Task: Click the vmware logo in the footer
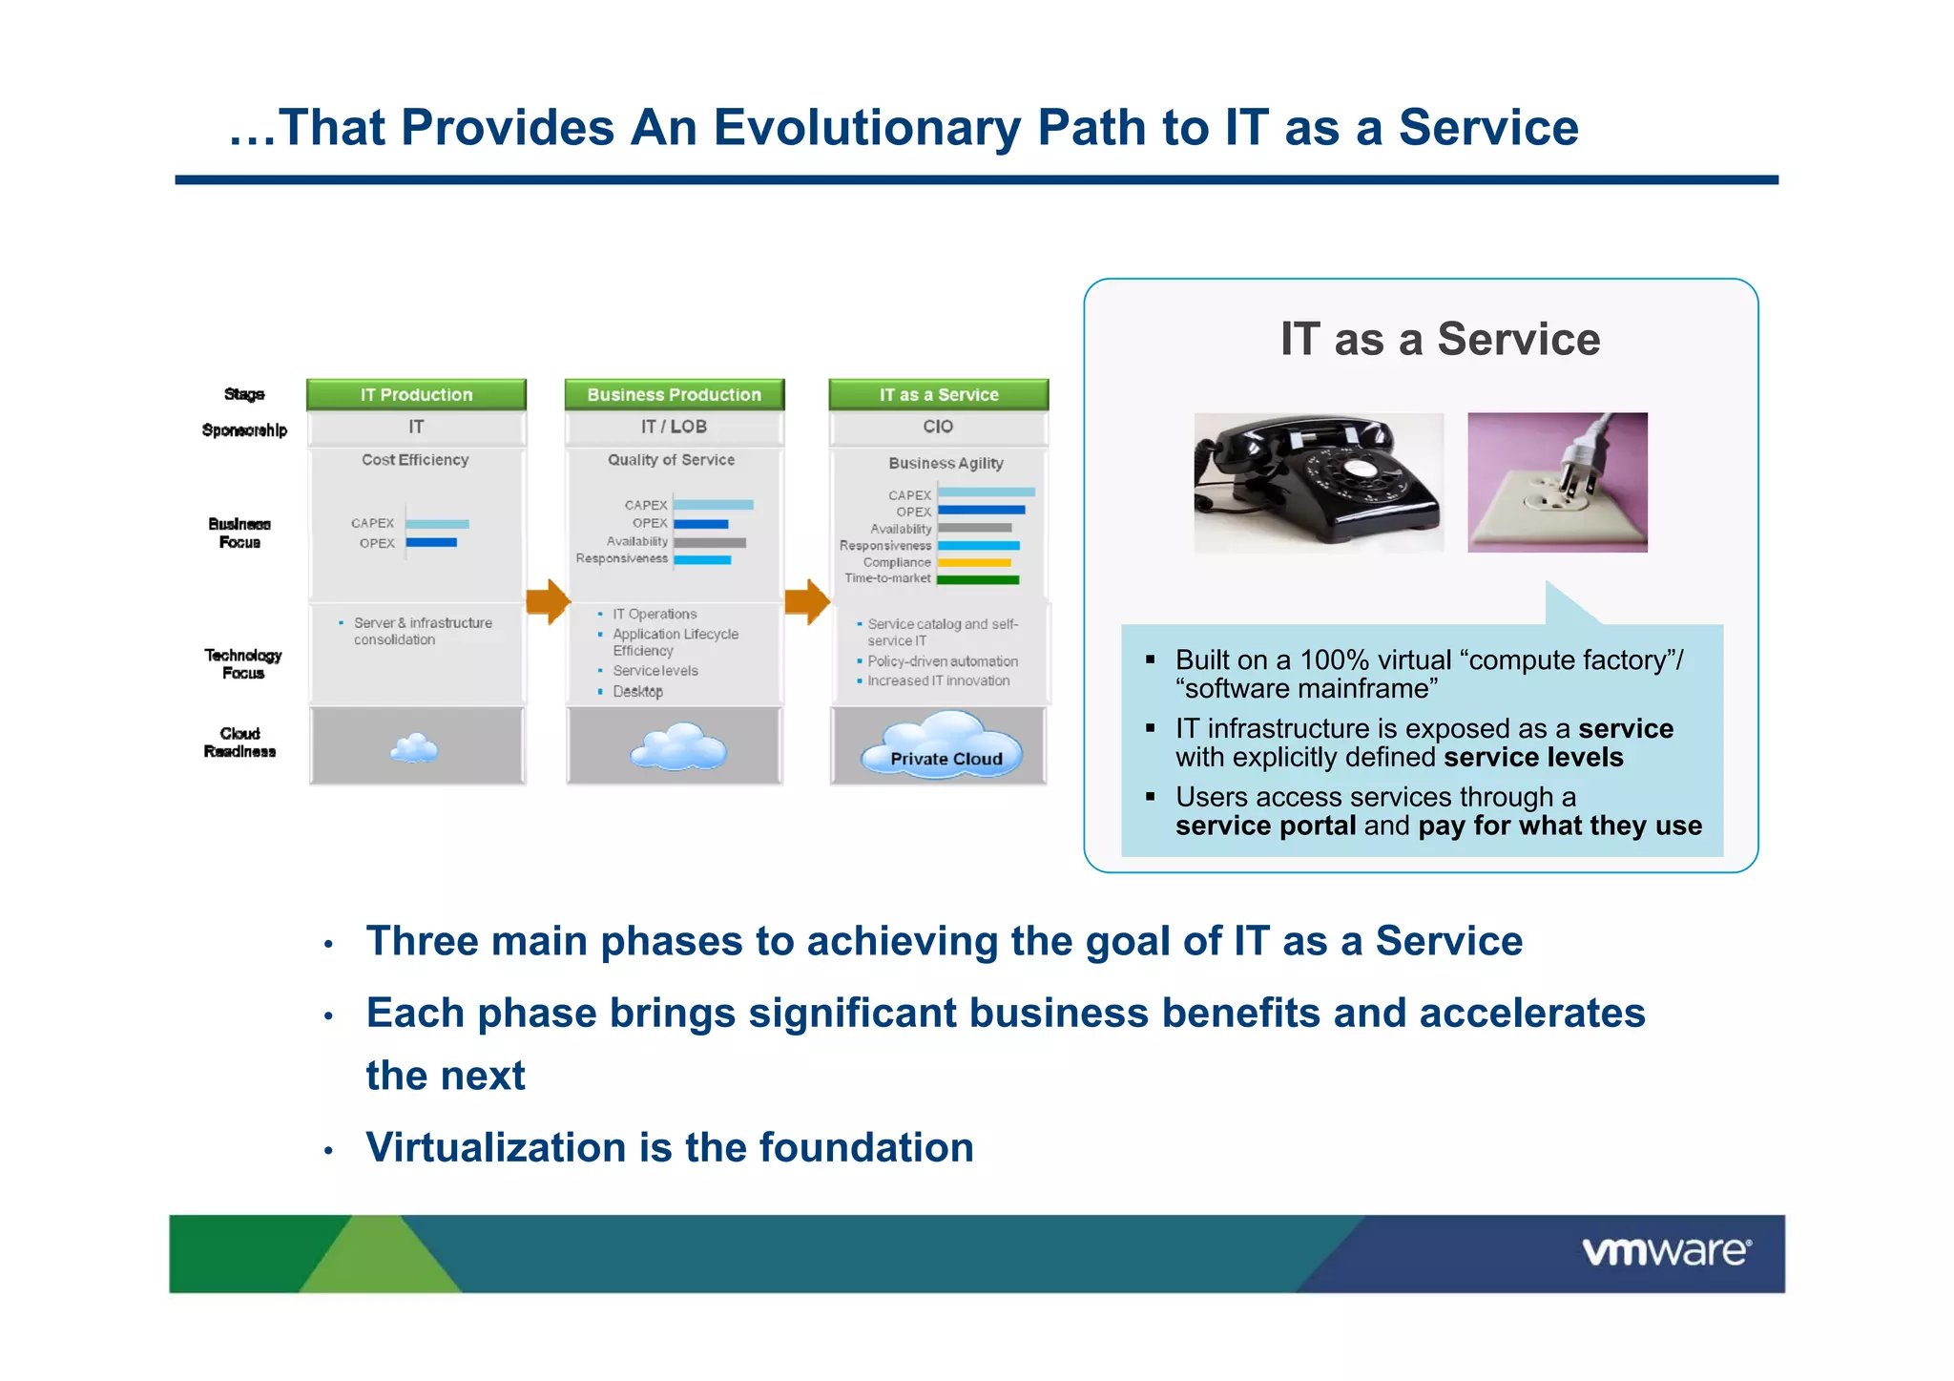[1666, 1251]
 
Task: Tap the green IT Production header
[416, 394]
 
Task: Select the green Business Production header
[674, 394]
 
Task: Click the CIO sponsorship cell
[938, 427]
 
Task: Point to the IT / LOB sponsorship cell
[674, 427]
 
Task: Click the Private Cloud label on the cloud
[946, 759]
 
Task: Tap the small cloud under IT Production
[415, 748]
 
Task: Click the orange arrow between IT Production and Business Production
[548, 601]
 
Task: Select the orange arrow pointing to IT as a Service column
[807, 601]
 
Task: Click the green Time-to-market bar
[978, 579]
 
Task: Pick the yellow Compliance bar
[974, 563]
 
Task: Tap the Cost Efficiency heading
[415, 460]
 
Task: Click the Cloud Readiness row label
[239, 743]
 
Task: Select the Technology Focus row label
[242, 663]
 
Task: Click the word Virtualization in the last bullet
[496, 1147]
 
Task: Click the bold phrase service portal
[1265, 826]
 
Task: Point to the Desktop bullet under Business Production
[637, 691]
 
